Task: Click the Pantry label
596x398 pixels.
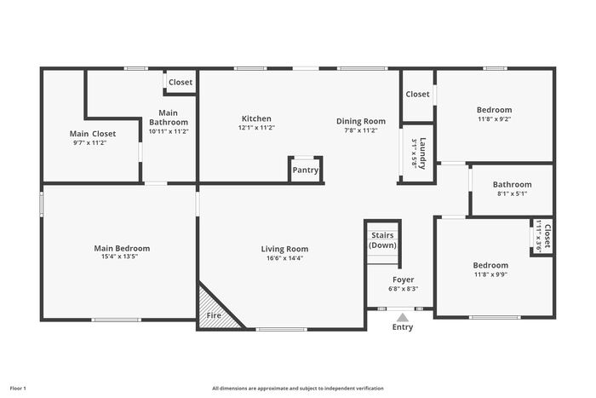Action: click(x=305, y=170)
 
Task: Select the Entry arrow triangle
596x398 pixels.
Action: click(x=403, y=317)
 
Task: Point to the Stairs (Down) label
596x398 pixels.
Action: click(x=382, y=240)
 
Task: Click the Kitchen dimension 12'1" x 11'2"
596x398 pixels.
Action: click(x=256, y=128)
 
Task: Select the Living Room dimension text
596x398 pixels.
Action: click(x=284, y=258)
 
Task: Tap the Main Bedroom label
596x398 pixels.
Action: click(x=122, y=248)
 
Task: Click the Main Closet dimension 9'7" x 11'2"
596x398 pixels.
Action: click(x=89, y=143)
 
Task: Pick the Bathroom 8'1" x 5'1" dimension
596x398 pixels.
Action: click(x=512, y=193)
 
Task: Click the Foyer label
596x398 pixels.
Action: click(x=404, y=280)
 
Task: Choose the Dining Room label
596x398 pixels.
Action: click(x=361, y=121)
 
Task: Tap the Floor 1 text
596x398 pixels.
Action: click(x=18, y=389)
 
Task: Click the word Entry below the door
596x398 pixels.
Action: click(x=403, y=327)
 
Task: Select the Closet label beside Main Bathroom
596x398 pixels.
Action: click(x=181, y=82)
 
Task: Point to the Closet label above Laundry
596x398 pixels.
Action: click(x=417, y=94)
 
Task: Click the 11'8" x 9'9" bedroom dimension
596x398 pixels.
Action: click(x=490, y=274)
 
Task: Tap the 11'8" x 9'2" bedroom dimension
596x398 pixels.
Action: click(x=494, y=119)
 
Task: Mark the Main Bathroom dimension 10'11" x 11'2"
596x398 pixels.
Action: click(x=169, y=131)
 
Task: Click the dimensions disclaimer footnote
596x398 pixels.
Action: click(x=298, y=389)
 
